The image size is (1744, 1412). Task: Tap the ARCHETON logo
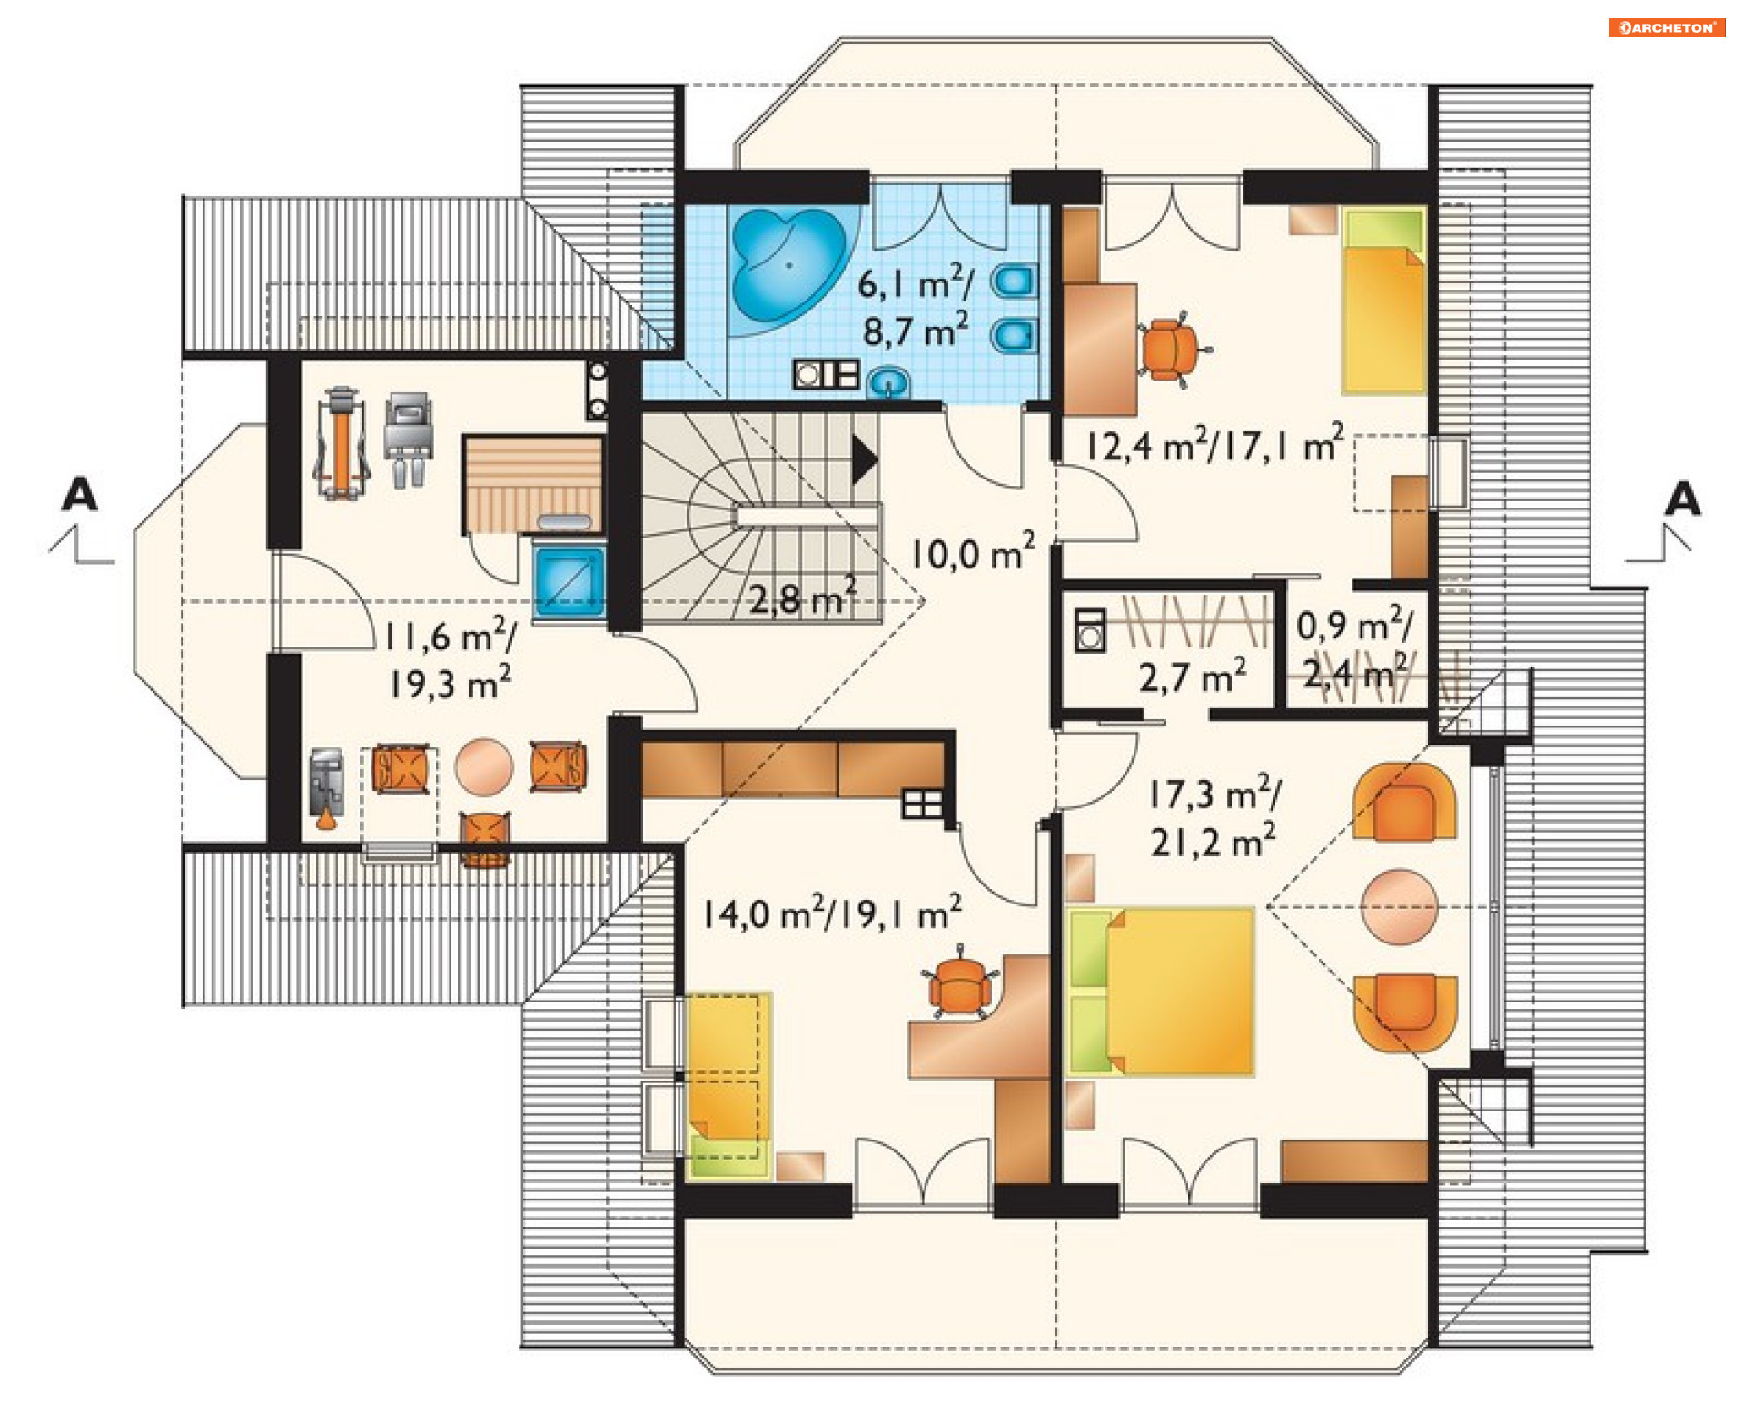1667,27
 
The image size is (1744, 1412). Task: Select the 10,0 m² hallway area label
973,552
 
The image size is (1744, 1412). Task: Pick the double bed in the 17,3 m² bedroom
1161,992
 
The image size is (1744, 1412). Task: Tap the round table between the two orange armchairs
1399,906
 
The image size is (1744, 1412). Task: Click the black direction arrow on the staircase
864,459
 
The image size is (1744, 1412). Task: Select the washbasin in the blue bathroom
888,382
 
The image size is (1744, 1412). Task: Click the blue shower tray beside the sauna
570,581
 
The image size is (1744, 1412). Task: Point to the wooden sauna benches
532,483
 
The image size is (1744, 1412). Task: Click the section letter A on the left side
79,495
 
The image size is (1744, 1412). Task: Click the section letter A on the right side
1682,499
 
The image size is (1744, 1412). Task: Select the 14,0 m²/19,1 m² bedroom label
832,912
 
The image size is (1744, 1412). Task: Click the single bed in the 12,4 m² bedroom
1382,301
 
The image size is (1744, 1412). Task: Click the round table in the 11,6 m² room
484,766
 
